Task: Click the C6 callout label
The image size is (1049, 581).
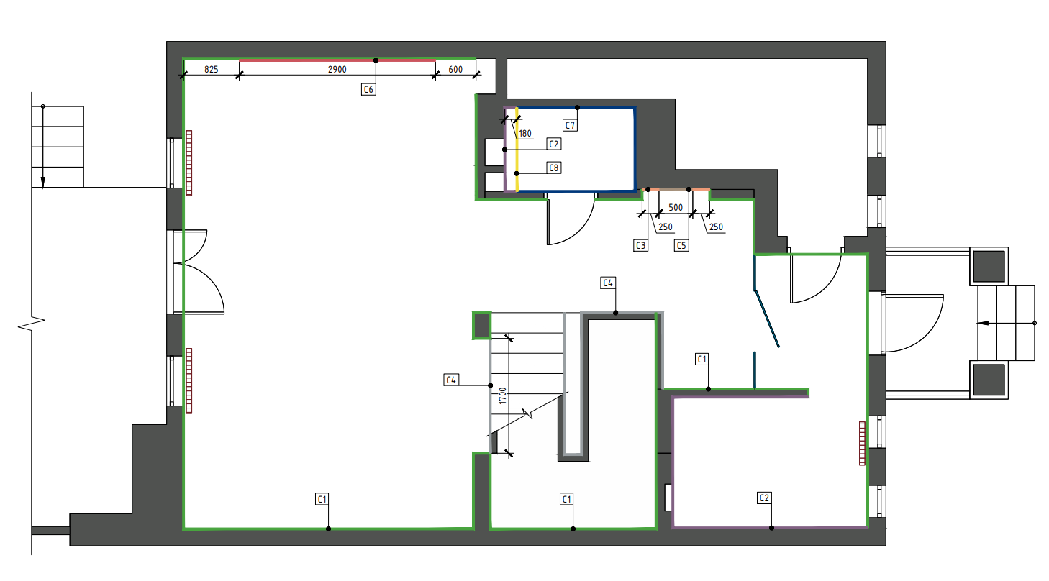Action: coord(368,89)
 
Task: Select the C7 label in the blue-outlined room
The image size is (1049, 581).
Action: coord(569,126)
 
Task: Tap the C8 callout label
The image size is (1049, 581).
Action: coord(553,168)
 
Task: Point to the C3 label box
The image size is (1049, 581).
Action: coord(640,245)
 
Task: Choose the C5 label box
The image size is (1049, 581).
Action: coord(681,245)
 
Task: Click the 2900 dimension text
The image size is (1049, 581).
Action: coord(337,70)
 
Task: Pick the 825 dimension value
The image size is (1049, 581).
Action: coord(212,70)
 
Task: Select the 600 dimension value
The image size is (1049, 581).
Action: coord(455,70)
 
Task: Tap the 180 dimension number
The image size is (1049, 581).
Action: coord(525,133)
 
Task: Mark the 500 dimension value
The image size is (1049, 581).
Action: coord(676,207)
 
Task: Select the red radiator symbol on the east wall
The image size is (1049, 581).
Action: coord(862,443)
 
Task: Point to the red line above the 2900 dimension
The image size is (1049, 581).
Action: coord(337,60)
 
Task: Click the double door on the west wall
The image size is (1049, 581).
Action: coord(194,272)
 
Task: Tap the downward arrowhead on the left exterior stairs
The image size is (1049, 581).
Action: coord(42,183)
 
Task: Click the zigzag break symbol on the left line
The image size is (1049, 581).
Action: coord(32,324)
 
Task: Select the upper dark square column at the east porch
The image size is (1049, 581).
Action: coord(989,266)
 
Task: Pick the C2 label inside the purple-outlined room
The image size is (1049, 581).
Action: coord(764,497)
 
